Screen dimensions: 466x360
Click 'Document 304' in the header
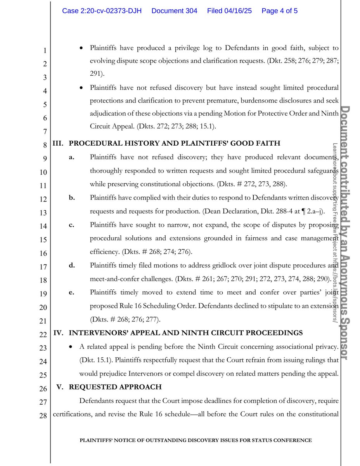[174, 11]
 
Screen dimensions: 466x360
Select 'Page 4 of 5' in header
[280, 11]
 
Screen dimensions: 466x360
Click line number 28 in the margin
[43, 416]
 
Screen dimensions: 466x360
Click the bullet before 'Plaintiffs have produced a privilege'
[81, 49]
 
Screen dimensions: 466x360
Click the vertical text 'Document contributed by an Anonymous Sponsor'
[346, 233]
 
